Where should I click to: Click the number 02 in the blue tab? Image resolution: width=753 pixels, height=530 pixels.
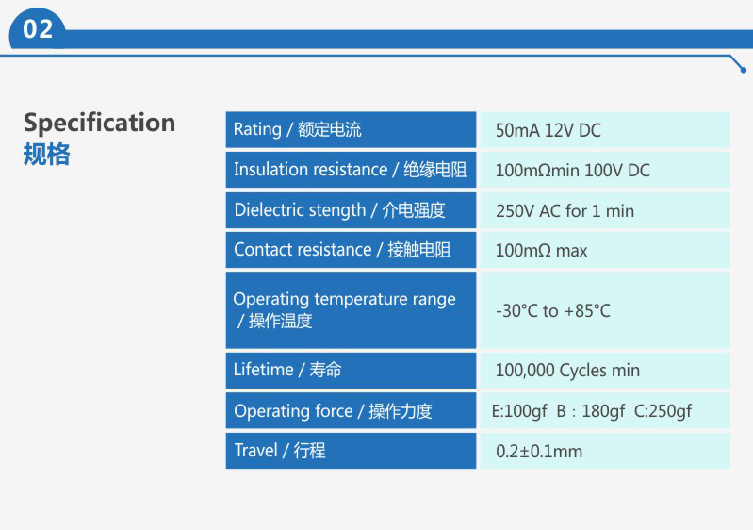[38, 29]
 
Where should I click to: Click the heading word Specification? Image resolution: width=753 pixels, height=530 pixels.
[99, 123]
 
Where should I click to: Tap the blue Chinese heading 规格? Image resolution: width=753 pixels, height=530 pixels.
[46, 155]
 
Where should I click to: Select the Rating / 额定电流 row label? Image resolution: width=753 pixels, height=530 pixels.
[297, 130]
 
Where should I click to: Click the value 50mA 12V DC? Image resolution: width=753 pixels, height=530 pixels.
[548, 131]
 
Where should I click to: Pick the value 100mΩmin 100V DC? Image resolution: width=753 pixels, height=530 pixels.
[572, 171]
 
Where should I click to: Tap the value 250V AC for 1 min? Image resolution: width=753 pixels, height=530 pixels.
[565, 211]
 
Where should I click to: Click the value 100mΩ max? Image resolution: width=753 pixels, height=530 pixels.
[541, 251]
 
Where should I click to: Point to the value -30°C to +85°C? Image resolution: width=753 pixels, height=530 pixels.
[553, 311]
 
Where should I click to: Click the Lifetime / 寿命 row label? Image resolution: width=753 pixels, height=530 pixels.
[287, 370]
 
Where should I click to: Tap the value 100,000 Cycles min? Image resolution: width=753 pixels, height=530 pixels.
[567, 371]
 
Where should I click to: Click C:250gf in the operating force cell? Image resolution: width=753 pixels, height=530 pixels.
[663, 411]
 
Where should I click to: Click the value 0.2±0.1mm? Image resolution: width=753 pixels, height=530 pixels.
[539, 452]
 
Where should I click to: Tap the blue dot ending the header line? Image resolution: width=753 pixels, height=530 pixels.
[744, 70]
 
